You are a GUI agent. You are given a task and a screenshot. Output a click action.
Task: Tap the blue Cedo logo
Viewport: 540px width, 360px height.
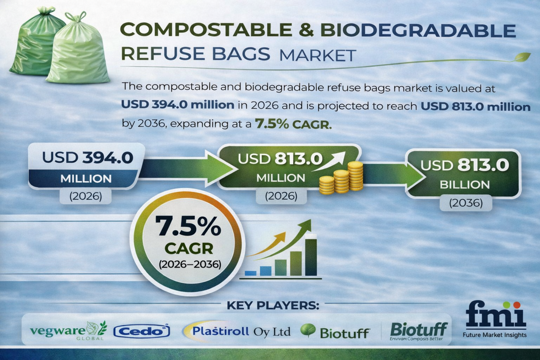click(x=142, y=331)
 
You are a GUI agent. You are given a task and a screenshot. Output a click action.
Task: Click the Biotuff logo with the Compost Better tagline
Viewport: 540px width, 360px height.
click(x=418, y=331)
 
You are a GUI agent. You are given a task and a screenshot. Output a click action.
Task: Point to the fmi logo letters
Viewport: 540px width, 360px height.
click(x=496, y=314)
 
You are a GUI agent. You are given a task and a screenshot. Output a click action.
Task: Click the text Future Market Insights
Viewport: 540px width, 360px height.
click(x=495, y=335)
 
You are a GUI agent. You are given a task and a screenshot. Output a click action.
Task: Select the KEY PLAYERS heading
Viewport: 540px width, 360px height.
click(x=272, y=305)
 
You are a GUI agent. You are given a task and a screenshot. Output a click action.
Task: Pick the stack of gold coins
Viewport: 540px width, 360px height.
click(x=341, y=179)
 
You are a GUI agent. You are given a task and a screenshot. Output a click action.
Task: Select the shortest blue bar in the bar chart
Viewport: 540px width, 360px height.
click(x=250, y=272)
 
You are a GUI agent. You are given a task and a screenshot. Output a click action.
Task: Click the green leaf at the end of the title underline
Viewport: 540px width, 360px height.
click(x=522, y=56)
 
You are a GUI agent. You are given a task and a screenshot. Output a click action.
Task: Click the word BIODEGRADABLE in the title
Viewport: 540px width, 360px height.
click(x=418, y=31)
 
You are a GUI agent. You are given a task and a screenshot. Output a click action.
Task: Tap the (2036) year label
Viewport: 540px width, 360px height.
click(x=465, y=203)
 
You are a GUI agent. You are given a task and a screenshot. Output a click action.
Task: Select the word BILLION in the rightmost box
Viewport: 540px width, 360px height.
click(x=464, y=185)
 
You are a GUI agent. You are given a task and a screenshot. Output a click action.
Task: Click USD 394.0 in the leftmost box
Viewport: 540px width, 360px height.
click(x=88, y=157)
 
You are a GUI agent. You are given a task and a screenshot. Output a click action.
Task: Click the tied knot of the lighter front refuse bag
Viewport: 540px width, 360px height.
click(x=79, y=18)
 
